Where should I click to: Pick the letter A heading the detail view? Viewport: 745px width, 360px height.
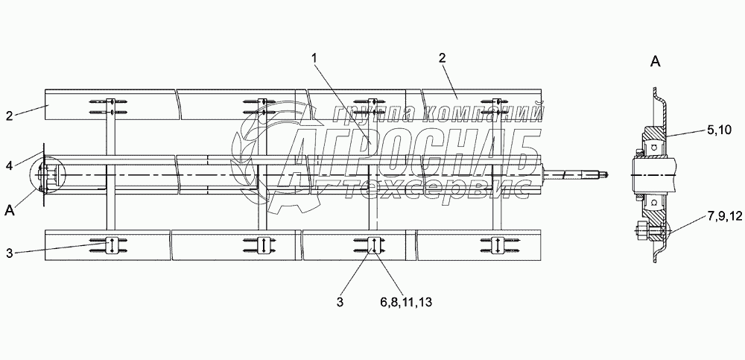[656, 63]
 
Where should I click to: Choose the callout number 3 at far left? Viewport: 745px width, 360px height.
[10, 253]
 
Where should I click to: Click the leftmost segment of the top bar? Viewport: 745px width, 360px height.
[110, 105]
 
